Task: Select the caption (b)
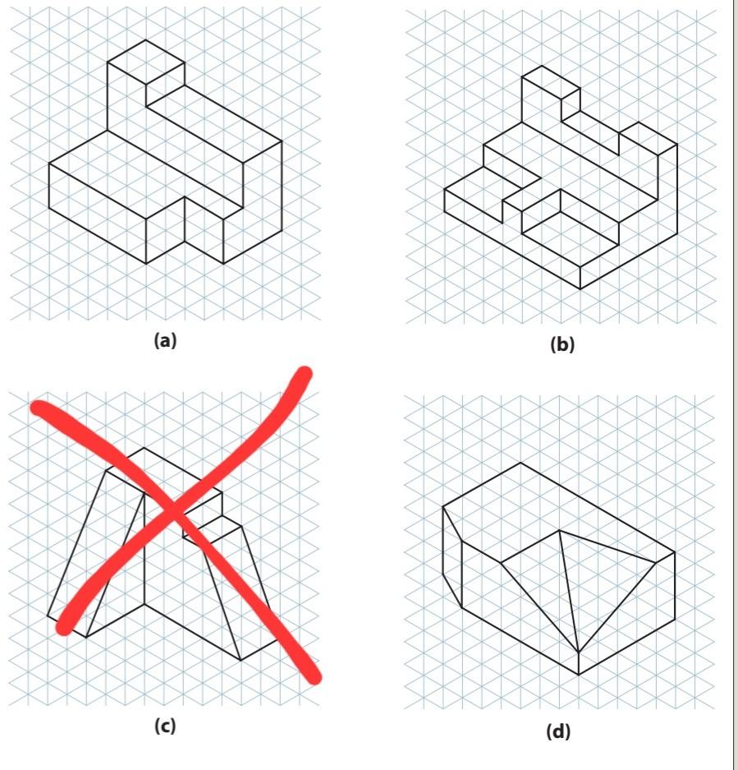[x=562, y=345]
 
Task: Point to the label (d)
[x=558, y=731]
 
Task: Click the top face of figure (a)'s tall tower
[x=146, y=62]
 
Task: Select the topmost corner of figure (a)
[x=146, y=39]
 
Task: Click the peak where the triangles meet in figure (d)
[x=560, y=530]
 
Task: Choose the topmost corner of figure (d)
[x=520, y=463]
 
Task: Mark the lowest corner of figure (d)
[x=579, y=675]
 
